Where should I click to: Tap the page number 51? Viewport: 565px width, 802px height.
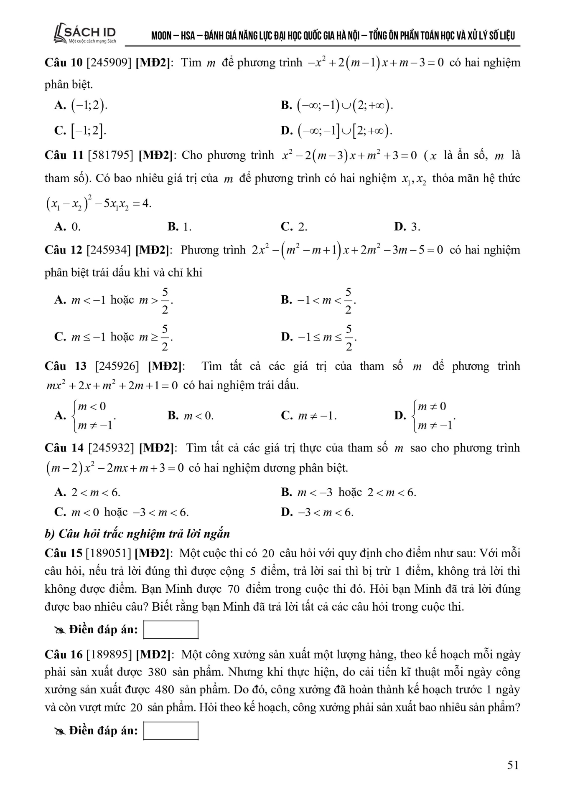coord(513,765)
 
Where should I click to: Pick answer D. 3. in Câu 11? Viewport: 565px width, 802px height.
coord(407,227)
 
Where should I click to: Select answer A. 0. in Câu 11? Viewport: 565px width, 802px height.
coord(67,227)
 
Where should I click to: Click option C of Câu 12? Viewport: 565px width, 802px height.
coord(114,337)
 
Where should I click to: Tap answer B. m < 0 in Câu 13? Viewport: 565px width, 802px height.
coord(191,415)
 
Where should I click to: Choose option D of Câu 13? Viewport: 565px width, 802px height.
coord(424,415)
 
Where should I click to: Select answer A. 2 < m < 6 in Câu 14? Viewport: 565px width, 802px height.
coord(87,492)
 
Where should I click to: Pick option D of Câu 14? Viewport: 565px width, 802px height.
coord(317,512)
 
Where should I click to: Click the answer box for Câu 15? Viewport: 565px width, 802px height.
coord(171,629)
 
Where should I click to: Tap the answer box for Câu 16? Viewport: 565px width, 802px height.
coord(171,731)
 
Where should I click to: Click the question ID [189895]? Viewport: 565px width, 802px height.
coord(109,655)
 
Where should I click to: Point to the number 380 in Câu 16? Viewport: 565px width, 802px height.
coord(157,673)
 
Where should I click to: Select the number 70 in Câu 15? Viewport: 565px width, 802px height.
coord(234,589)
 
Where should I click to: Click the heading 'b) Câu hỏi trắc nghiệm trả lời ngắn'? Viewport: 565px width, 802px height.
coord(137,533)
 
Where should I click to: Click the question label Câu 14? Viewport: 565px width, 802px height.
coord(64,448)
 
